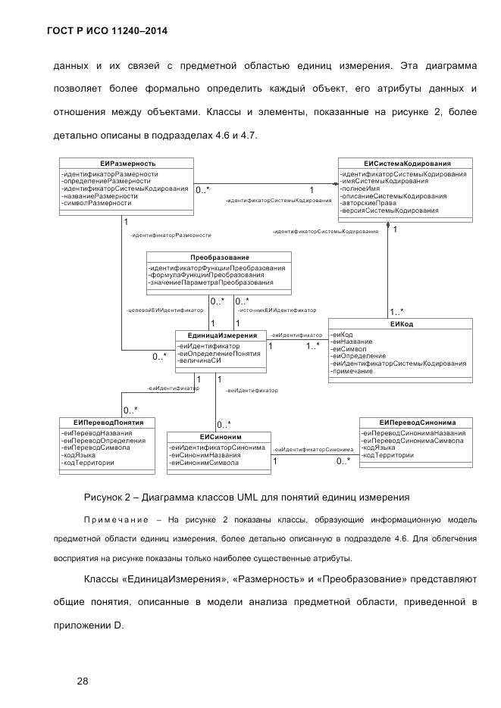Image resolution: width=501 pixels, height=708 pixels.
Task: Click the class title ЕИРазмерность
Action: pos(127,164)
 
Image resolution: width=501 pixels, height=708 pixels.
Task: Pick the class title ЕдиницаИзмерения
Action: pos(221,335)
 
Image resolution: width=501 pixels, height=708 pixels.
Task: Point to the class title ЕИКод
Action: pos(400,324)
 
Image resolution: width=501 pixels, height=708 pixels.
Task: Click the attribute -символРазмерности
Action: pos(97,204)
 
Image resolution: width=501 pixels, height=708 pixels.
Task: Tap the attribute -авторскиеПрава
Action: pos(369,203)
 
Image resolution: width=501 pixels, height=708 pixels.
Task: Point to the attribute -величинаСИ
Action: pos(199,361)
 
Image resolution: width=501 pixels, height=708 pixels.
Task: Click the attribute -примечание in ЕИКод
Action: pos(352,372)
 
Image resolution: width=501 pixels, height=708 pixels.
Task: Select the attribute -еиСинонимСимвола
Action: pos(205,463)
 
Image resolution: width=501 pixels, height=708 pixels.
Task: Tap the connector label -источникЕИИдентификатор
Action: pos(277,310)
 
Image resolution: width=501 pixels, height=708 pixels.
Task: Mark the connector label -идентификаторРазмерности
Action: pos(171,235)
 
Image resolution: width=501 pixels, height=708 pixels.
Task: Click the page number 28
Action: pos(83,681)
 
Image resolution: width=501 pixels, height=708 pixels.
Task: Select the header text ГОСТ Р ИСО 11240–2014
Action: pos(108,32)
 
